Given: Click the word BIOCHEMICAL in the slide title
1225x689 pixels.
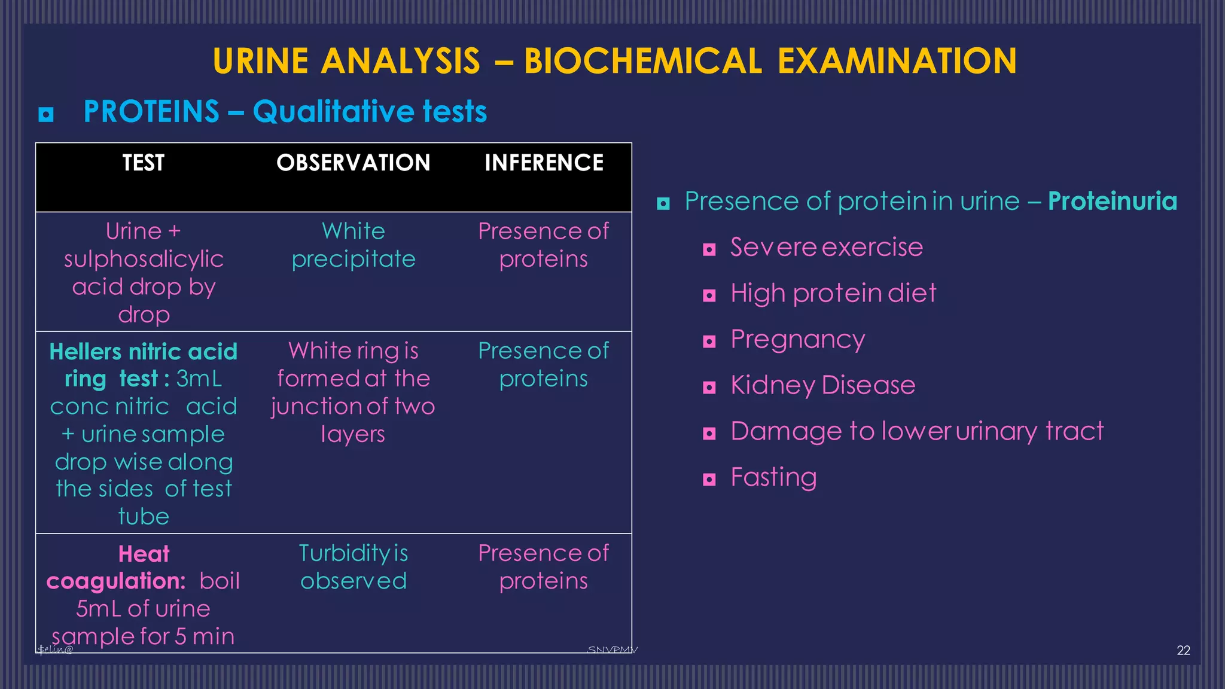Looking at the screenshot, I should click(x=643, y=61).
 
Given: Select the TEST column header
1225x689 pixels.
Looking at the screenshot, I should click(x=144, y=163).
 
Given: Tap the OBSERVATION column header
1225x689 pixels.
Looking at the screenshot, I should click(x=353, y=163).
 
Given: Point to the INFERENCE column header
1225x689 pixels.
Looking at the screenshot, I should click(x=544, y=163).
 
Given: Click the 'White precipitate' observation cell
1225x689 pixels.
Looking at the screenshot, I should click(x=354, y=245).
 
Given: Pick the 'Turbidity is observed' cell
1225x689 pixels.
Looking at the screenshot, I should click(x=354, y=567).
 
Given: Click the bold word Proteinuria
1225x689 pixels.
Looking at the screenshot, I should click(x=1113, y=202).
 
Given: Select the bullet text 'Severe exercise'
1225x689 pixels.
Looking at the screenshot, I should click(x=826, y=247).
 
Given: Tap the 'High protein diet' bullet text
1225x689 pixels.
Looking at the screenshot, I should click(x=833, y=293).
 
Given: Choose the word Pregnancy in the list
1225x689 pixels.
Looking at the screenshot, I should click(x=797, y=340).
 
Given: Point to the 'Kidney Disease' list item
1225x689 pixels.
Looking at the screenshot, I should click(x=822, y=385).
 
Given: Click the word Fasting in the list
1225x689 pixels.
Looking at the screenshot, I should click(x=773, y=477).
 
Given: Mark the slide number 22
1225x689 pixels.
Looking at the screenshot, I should click(x=1183, y=651).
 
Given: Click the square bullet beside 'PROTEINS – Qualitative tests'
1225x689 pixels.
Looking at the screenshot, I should click(x=46, y=114).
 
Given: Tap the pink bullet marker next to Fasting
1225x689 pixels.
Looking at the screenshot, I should click(x=709, y=479).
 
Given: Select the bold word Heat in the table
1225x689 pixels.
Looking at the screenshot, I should click(x=144, y=554).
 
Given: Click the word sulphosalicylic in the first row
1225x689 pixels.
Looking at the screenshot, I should click(x=144, y=259).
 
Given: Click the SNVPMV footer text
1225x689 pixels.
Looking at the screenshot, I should click(x=612, y=650).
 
